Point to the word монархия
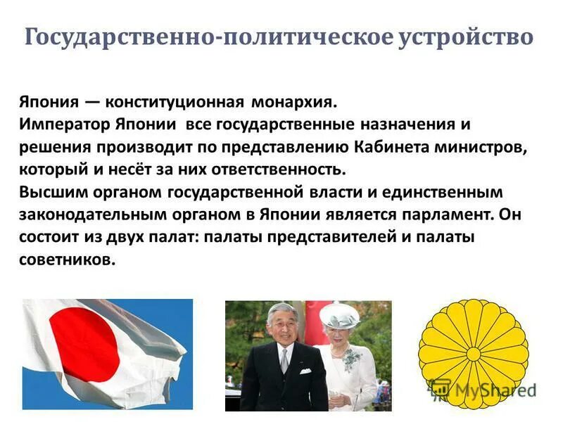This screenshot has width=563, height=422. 291,103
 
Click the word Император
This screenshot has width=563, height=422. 61,125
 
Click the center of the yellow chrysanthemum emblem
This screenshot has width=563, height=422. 473,354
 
